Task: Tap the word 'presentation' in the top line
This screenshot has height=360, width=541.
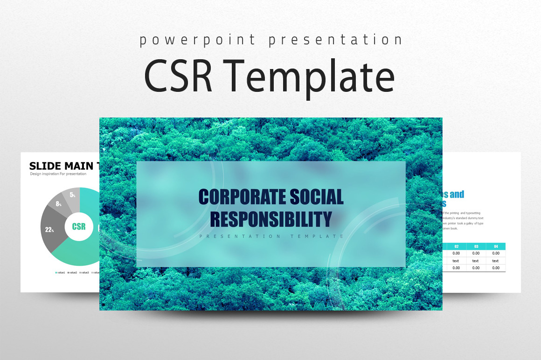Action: click(335, 40)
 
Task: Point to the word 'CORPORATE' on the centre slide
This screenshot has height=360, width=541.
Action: click(237, 197)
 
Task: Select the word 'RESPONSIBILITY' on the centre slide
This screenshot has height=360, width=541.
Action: click(271, 218)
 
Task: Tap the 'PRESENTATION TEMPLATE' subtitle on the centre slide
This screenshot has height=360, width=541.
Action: click(271, 236)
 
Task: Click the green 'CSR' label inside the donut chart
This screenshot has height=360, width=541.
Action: click(79, 227)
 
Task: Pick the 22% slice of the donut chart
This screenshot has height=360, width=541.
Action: click(50, 229)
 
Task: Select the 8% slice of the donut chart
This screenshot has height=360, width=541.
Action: click(59, 204)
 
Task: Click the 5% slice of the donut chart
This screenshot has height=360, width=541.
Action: click(72, 195)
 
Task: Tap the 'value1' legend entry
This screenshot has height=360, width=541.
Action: click(60, 272)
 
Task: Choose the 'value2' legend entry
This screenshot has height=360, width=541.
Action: click(72, 272)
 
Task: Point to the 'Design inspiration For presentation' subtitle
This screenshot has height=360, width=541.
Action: click(58, 174)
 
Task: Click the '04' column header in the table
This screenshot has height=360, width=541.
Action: click(495, 246)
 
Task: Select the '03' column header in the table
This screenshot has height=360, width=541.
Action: click(475, 246)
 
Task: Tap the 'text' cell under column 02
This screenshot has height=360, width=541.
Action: click(456, 261)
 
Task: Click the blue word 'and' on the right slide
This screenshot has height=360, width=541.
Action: click(456, 194)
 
